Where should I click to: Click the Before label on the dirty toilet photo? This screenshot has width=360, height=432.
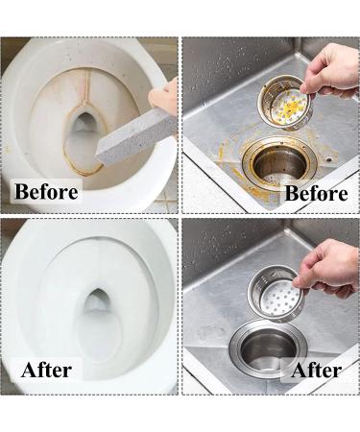click(46, 190)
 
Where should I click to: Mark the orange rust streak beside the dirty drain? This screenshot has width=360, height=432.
click(227, 153)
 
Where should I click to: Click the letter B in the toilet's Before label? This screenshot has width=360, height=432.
click(22, 190)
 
